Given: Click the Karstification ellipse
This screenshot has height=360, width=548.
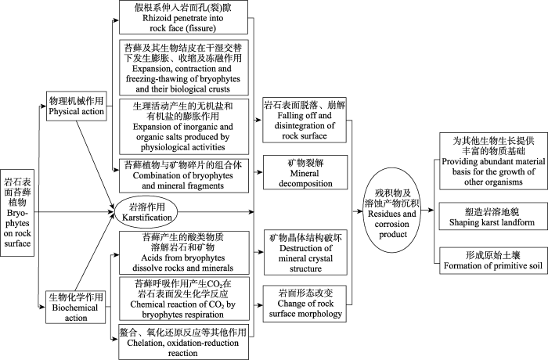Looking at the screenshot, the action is click(x=146, y=212).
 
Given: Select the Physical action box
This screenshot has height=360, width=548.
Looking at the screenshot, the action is click(x=77, y=106).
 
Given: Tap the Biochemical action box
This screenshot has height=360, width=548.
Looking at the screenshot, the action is click(x=75, y=308).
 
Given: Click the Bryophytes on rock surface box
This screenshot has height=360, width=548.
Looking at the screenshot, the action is click(x=17, y=213).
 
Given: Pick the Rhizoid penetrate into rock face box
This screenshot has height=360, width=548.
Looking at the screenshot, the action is click(x=183, y=17).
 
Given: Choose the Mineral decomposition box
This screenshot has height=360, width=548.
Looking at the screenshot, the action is click(x=305, y=172).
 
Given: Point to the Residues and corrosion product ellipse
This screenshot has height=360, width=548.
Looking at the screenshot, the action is click(x=391, y=210).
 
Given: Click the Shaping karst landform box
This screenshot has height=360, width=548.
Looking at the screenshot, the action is click(x=493, y=216).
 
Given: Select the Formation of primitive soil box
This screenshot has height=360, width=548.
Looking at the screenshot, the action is click(x=493, y=261).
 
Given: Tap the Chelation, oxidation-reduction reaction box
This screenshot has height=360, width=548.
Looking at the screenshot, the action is click(x=183, y=343).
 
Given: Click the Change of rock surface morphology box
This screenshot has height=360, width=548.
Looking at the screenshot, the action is click(x=305, y=304).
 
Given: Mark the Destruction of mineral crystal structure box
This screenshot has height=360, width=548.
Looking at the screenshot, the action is click(x=305, y=253).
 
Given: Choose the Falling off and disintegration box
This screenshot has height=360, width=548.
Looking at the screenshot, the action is click(x=305, y=120).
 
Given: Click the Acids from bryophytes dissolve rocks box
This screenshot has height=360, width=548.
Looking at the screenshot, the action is click(x=184, y=252).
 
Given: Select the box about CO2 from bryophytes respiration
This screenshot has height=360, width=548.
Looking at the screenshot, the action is click(x=184, y=298).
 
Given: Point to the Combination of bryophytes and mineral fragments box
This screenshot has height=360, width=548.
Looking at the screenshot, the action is click(x=184, y=175).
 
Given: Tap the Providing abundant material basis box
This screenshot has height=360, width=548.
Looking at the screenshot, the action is click(x=493, y=160).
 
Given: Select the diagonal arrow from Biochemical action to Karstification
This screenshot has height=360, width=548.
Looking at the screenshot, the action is click(x=95, y=251).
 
